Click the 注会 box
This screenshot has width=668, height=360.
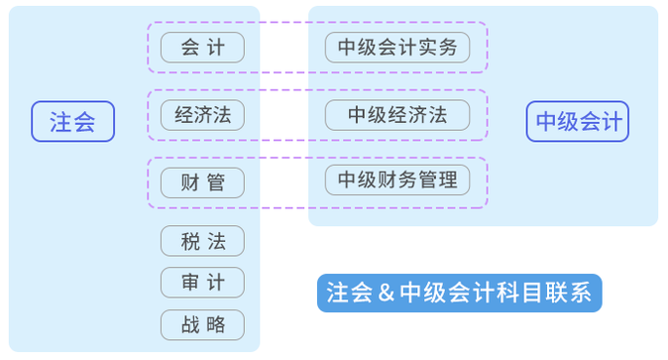click(72, 122)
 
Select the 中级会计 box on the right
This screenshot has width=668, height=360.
click(578, 122)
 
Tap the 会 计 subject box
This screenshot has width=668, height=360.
click(202, 48)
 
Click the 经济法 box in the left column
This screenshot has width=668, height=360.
click(202, 115)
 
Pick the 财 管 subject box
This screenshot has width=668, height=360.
click(202, 182)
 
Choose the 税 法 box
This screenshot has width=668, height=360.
click(202, 241)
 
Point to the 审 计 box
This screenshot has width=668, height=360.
click(202, 283)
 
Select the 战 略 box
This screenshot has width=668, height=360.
click(202, 324)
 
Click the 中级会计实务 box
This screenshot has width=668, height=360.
click(397, 48)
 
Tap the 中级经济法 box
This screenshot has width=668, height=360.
click(397, 115)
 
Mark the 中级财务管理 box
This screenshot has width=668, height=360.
click(397, 180)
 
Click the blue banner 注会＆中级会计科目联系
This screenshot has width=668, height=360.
click(459, 294)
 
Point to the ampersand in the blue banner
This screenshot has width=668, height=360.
click(385, 294)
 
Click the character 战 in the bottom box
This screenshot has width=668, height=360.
click(190, 324)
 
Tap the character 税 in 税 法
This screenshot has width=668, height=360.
click(190, 241)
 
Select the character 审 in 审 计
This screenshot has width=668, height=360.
click(190, 283)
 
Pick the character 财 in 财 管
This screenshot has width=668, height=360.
click(190, 182)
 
